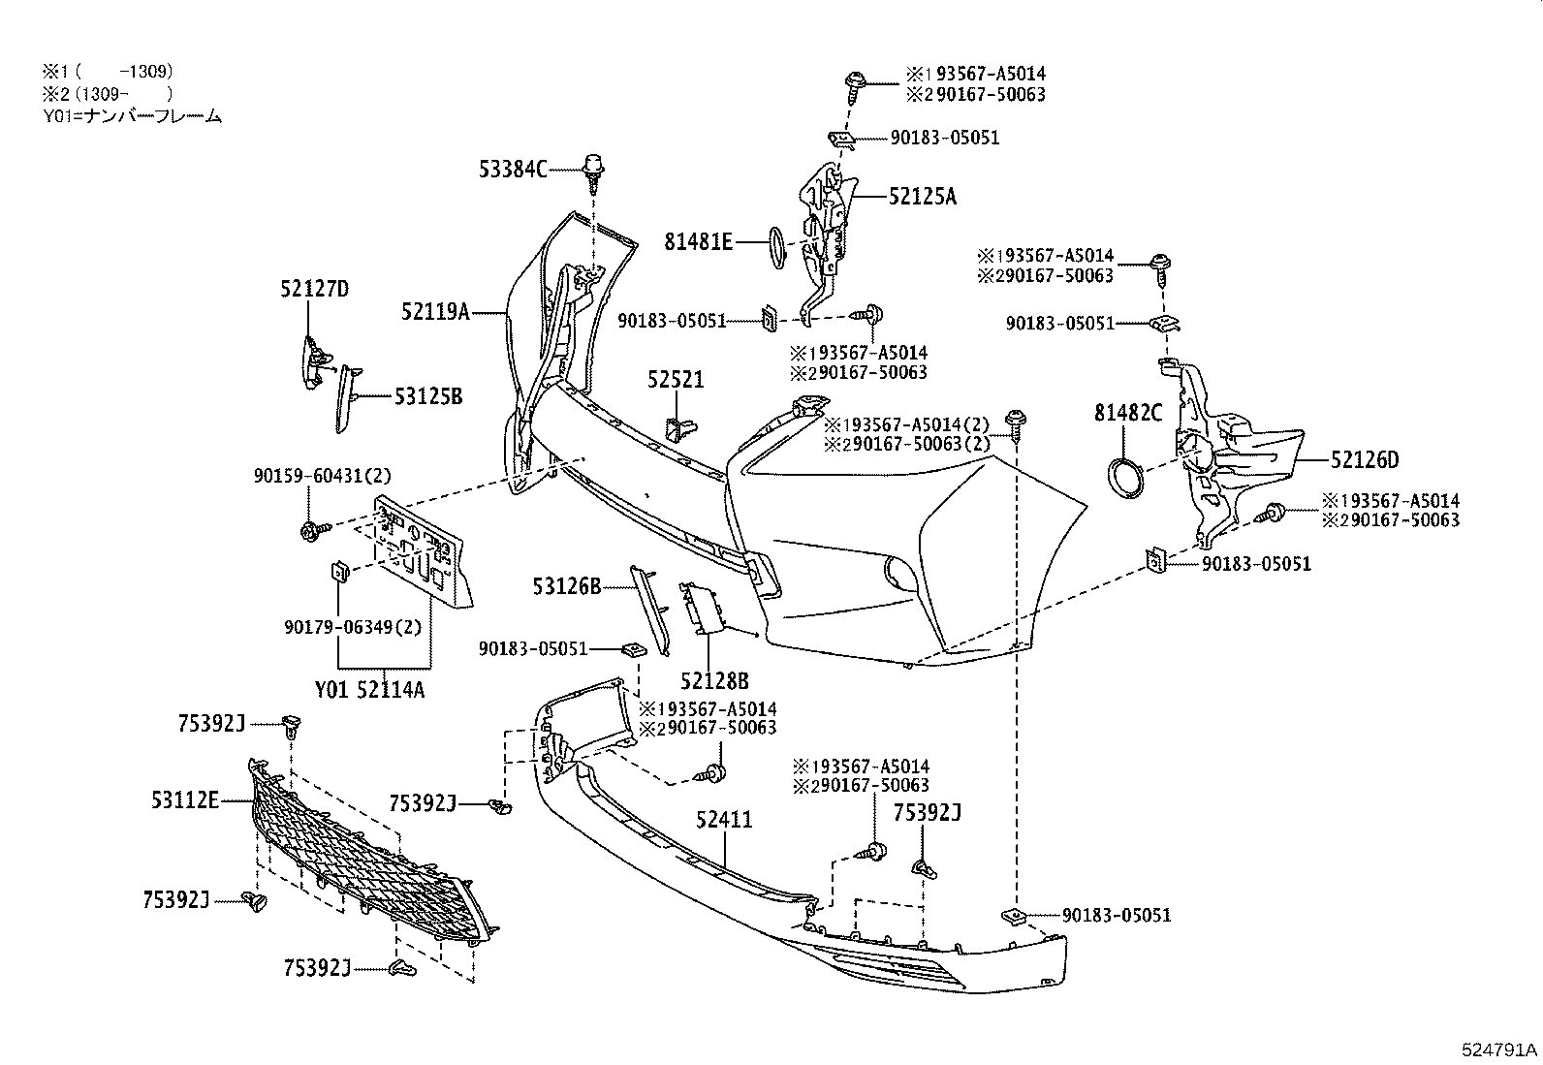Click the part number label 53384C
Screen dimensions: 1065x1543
coord(513,170)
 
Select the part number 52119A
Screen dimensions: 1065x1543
coord(435,311)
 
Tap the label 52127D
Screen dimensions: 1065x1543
coord(314,288)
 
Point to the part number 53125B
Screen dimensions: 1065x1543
coord(427,396)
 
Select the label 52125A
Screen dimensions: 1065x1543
coord(922,197)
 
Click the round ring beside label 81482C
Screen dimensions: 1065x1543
coord(1124,481)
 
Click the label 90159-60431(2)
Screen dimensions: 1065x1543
coord(310,476)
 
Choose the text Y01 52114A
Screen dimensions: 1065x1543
coord(369,690)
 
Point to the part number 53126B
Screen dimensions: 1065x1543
coord(566,585)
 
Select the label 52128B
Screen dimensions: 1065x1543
coord(714,681)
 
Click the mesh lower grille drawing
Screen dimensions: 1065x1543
coord(368,853)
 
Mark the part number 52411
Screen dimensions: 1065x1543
coord(723,820)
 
